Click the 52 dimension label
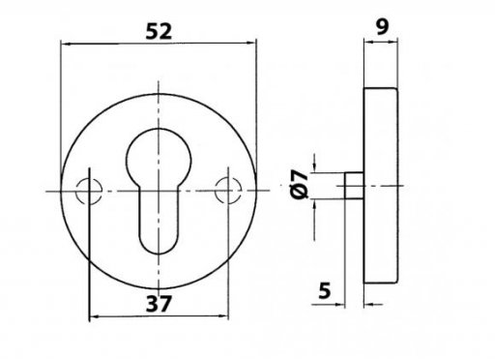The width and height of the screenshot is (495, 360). pos(159,32)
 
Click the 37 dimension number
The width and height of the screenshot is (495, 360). pos(159,304)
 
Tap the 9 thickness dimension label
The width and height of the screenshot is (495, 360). pos(383,27)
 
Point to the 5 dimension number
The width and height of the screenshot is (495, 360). pos(325,290)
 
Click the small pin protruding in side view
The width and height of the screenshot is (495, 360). pos(354,186)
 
